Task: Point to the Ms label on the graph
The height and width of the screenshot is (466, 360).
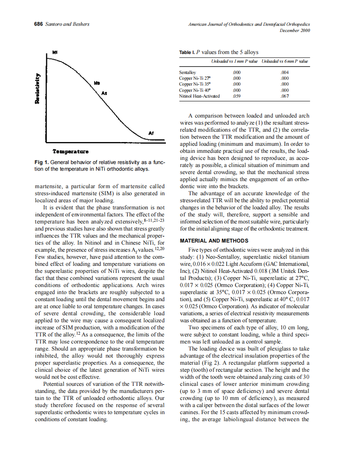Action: pos(96,83)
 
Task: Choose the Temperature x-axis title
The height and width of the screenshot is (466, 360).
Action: pos(70,151)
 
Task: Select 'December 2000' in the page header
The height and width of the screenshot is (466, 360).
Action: pos(295,30)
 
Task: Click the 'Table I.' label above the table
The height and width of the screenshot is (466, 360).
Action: pos(187,52)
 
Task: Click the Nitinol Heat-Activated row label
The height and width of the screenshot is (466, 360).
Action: pos(199,96)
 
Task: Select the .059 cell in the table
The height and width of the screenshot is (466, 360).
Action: pos(237,96)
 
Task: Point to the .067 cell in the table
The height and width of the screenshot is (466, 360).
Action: pos(285,96)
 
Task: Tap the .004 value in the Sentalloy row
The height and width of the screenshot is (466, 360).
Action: pos(285,73)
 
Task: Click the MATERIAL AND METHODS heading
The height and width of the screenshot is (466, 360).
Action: pos(214,241)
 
